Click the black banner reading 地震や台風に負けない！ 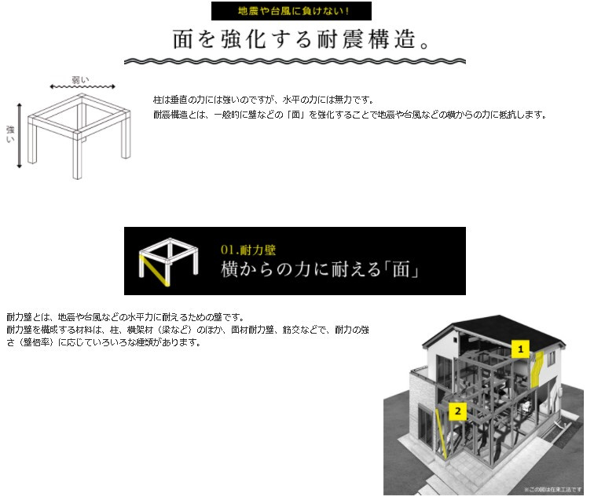[291, 11]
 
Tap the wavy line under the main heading [296, 60]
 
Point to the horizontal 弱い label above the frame [81, 79]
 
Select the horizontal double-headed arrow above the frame [82, 87]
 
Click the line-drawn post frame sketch [79, 130]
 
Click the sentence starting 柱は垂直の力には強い [263, 100]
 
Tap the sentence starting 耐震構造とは [350, 115]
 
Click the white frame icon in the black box [167, 261]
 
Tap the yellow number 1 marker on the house [520, 346]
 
